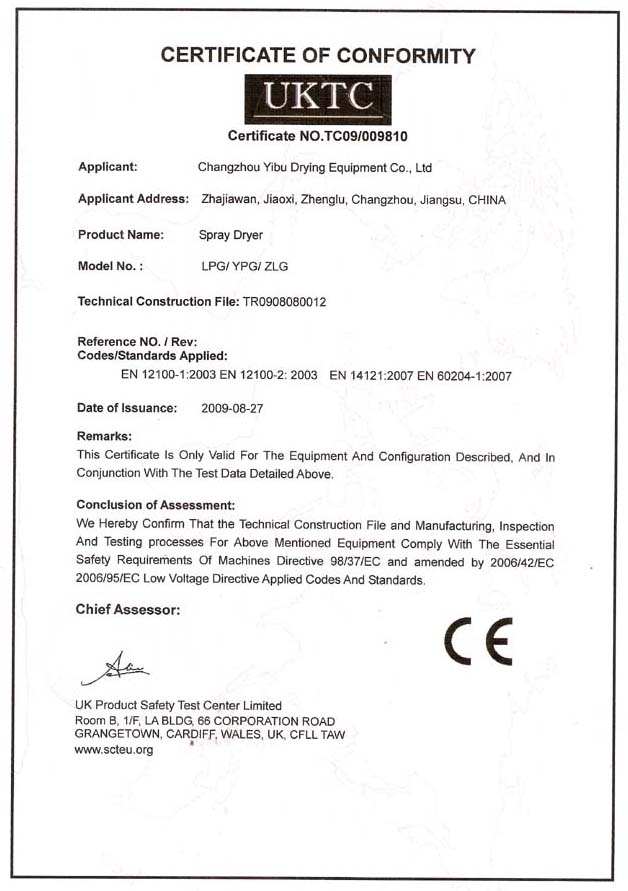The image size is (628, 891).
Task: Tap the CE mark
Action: (479, 642)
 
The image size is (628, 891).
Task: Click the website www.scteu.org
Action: (114, 749)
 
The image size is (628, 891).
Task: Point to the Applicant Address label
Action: (133, 199)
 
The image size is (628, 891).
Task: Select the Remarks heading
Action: (104, 436)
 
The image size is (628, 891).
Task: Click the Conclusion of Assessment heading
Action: (155, 505)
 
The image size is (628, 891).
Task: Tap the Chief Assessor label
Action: (127, 609)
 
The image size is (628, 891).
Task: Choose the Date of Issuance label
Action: (127, 408)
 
